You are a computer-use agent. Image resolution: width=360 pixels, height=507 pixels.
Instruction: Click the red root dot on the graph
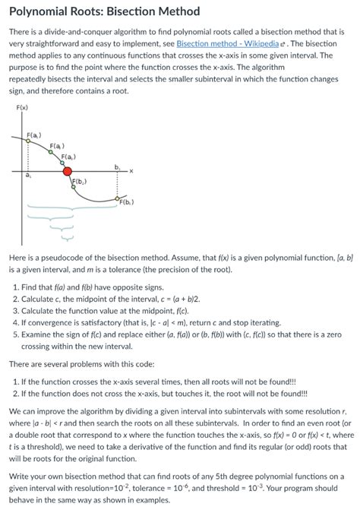coord(68,172)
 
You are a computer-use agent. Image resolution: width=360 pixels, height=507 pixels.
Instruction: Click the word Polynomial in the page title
coord(40,11)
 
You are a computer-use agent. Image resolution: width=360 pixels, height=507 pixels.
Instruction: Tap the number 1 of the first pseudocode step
coord(16,287)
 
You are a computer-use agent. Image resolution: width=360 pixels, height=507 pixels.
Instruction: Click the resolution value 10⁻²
coord(148,476)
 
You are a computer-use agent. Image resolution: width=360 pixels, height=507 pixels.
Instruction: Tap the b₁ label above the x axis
coord(117,165)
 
